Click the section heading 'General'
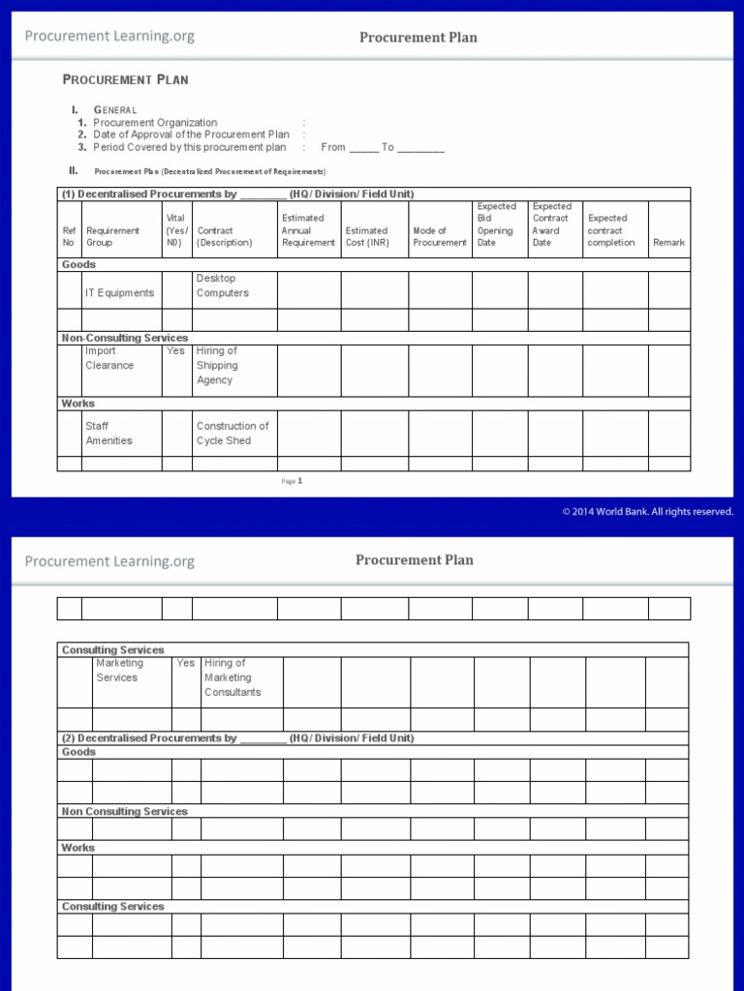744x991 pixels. (x=115, y=110)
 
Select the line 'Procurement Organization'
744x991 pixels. (x=155, y=123)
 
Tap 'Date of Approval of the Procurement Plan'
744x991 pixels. (x=191, y=135)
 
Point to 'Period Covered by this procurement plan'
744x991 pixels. (x=189, y=147)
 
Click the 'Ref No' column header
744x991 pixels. (x=69, y=236)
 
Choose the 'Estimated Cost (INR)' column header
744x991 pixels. (x=366, y=236)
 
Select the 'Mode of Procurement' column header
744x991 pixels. (x=439, y=236)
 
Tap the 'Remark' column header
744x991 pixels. (x=668, y=243)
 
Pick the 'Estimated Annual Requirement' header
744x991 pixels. (x=308, y=230)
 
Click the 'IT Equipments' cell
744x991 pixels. (x=119, y=292)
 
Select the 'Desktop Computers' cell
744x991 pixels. (x=223, y=285)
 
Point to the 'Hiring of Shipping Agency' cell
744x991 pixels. (x=217, y=366)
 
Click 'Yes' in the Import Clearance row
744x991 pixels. (x=175, y=351)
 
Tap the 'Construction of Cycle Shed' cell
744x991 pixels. (x=232, y=433)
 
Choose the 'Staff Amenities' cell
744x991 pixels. (x=108, y=433)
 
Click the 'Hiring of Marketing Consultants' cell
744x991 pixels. (x=232, y=677)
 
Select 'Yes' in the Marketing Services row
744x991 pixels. (x=185, y=664)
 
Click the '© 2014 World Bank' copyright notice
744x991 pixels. (x=647, y=512)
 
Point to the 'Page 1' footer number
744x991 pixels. (x=293, y=480)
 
